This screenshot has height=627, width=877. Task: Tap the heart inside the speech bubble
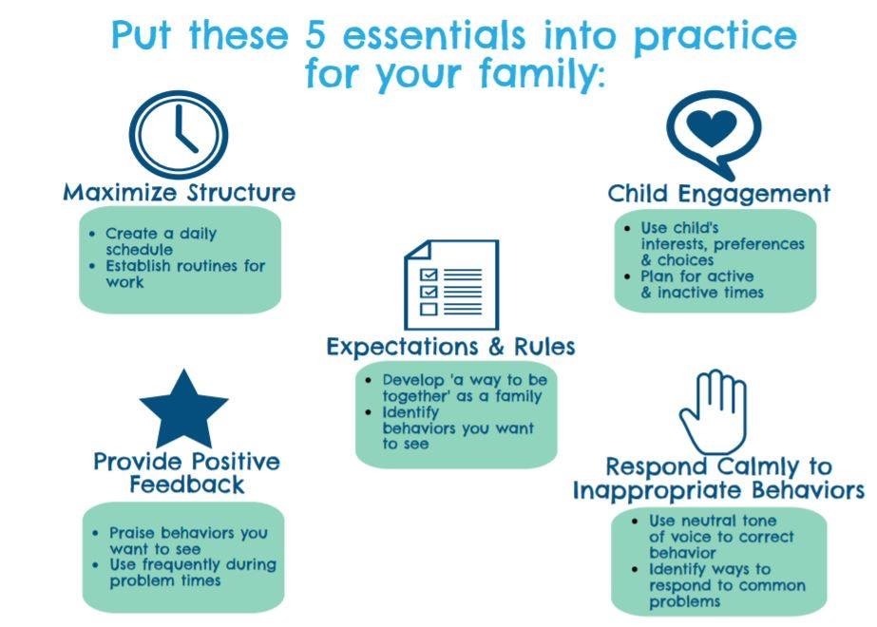click(712, 127)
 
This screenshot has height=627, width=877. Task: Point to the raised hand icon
click(714, 411)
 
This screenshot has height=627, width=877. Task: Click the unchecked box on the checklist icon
click(429, 309)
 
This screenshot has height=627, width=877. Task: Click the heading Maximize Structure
click(179, 193)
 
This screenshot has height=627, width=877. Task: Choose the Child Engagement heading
click(718, 194)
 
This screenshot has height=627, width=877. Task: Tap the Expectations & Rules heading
click(450, 347)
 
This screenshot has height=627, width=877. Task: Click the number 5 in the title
click(315, 35)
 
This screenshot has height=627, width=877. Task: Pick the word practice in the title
click(715, 38)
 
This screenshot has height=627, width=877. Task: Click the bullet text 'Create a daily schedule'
click(161, 241)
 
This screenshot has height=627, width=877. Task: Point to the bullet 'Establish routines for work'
click(185, 274)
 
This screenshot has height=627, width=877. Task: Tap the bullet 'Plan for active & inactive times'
click(702, 284)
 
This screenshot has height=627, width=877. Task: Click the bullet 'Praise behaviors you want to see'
click(188, 541)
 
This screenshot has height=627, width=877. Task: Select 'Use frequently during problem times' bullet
click(193, 572)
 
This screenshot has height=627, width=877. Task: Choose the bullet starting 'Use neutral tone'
click(721, 537)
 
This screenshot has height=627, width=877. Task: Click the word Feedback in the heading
click(187, 484)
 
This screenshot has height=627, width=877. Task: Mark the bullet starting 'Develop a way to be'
click(465, 388)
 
